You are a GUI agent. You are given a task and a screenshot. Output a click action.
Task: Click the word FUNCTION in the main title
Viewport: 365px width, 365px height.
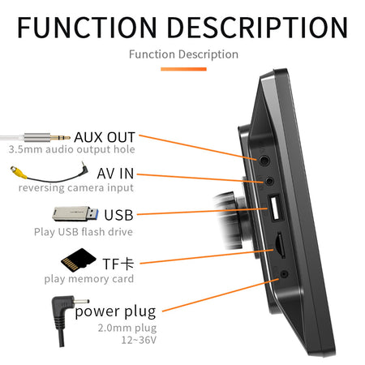pos(87,27)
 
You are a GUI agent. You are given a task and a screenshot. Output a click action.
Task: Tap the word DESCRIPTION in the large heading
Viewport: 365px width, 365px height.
pos(257,27)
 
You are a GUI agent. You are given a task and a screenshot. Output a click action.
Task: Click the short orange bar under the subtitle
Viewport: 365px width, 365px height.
pos(183,69)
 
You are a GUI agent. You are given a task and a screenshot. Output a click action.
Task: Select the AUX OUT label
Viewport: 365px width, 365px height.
pos(105,137)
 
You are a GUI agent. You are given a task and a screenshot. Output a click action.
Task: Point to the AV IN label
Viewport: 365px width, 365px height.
pos(115,174)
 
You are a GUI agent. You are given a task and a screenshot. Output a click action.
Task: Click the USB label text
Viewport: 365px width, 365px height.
pos(118,215)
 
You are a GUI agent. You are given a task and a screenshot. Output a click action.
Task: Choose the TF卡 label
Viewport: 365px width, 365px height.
pos(118,264)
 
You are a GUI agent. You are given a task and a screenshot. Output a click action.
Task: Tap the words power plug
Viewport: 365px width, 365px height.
pos(116,311)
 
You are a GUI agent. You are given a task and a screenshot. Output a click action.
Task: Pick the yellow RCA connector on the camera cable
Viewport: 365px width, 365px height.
pos(19,172)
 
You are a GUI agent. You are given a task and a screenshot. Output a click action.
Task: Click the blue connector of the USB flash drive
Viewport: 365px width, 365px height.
pos(92,213)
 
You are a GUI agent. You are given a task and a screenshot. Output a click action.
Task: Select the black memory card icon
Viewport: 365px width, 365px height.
pos(78,260)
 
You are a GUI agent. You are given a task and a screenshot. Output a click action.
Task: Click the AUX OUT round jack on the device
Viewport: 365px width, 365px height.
pos(264,161)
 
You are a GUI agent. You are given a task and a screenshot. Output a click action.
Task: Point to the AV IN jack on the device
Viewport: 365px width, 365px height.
pos(269,181)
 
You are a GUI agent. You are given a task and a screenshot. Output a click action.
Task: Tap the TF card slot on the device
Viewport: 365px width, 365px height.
pos(280,244)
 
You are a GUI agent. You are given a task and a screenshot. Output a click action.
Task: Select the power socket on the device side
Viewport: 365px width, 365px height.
pos(284,274)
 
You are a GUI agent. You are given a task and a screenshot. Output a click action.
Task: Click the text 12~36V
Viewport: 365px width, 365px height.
pos(139,340)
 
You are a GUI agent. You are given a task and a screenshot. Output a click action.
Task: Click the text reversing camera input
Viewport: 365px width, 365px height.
pos(76,187)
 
